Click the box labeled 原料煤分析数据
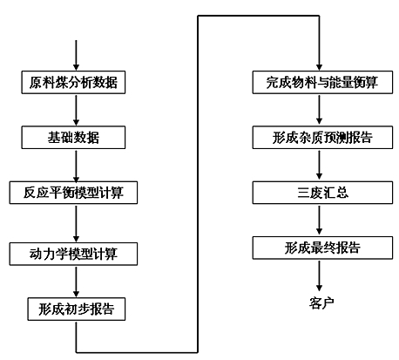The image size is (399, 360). point(73,82)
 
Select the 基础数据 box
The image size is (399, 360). point(73,138)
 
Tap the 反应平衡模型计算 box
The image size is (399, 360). point(73,193)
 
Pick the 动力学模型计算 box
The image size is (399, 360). point(73,254)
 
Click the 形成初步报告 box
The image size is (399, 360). point(77,309)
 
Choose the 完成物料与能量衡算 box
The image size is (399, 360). point(322,82)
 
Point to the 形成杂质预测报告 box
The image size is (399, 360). point(322,138)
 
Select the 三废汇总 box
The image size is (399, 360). point(322,193)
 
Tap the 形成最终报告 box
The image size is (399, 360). point(322,248)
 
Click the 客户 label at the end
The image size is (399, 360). point(321,303)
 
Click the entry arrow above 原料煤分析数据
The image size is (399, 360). point(76,55)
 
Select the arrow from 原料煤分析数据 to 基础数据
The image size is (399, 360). point(76,110)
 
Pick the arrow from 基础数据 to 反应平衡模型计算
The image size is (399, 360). point(76,166)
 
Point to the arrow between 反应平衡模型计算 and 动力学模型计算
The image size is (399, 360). point(76,223)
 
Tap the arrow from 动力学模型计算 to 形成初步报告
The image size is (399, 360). point(76,282)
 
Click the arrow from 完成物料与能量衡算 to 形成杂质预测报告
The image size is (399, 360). point(319,110)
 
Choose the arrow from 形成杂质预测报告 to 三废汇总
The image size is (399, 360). point(319,166)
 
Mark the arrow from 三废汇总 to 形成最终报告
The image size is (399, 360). point(319,221)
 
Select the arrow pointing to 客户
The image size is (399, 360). point(319,275)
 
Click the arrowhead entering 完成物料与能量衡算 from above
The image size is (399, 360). point(319,67)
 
